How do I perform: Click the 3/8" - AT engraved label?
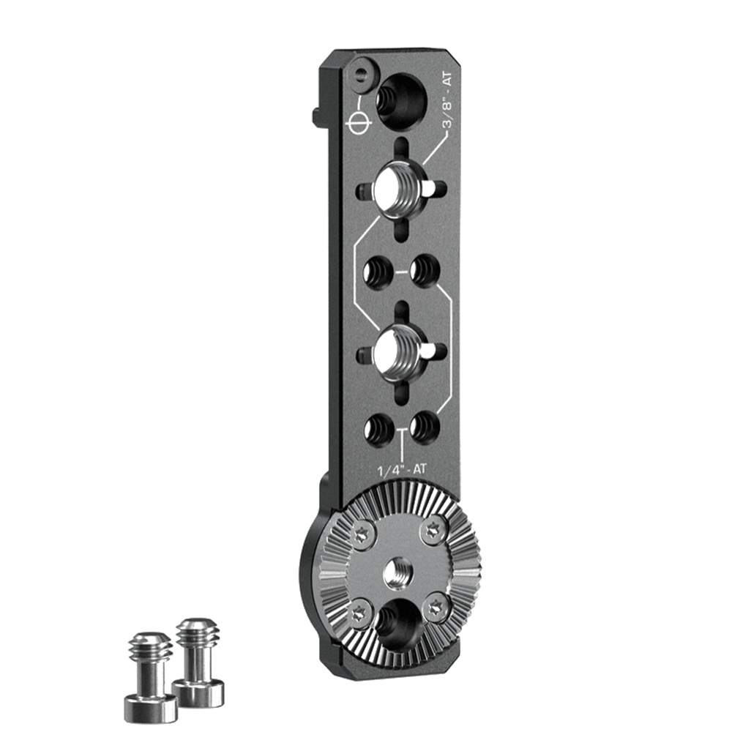point(447,100)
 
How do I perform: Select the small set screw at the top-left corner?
point(362,73)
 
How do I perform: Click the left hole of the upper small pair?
point(378,270)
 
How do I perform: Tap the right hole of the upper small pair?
point(425,270)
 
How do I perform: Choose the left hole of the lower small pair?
point(378,427)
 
